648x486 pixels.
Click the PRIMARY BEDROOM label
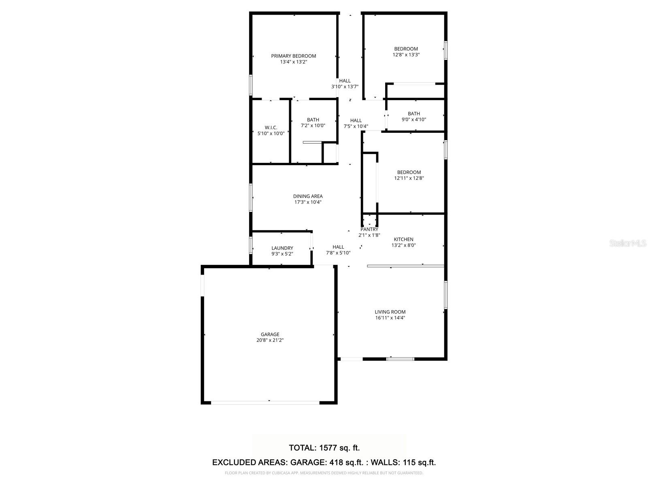click(x=293, y=56)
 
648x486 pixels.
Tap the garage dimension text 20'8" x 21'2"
click(x=270, y=340)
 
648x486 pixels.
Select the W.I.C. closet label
click(x=271, y=128)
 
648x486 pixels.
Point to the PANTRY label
click(x=369, y=229)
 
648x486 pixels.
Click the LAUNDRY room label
click(x=282, y=248)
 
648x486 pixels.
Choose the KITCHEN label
click(x=403, y=239)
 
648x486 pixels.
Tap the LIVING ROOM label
click(x=390, y=312)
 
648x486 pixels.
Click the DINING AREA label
click(x=308, y=196)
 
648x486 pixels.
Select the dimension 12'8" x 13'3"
click(x=406, y=55)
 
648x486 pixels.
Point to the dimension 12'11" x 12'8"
click(x=409, y=178)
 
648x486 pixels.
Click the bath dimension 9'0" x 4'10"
click(x=414, y=119)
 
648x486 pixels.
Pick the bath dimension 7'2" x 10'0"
click(x=313, y=126)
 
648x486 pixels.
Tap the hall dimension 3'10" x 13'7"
click(x=345, y=87)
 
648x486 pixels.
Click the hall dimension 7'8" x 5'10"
click(x=338, y=253)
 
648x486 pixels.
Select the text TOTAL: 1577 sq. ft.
click(x=324, y=448)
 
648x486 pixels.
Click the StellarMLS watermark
click(x=628, y=243)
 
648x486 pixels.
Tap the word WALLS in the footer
click(x=384, y=463)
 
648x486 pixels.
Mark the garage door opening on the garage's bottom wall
click(x=265, y=403)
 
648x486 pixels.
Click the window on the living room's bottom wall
click(x=400, y=359)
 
